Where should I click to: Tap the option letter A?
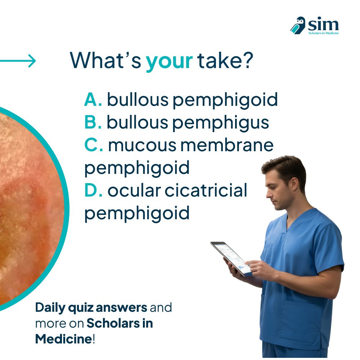[93, 100]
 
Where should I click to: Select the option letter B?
[93, 122]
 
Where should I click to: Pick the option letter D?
[93, 190]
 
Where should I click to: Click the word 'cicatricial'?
[206, 190]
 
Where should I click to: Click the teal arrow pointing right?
[18, 61]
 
